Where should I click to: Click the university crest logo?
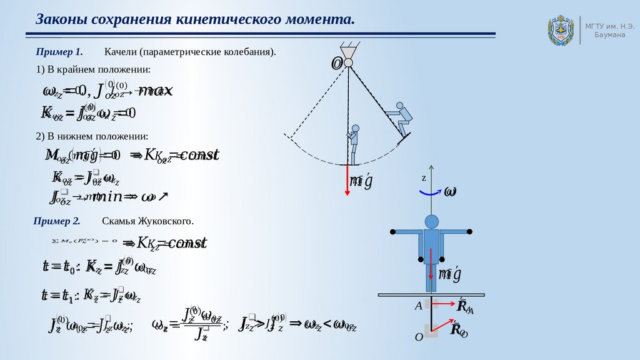[560, 31]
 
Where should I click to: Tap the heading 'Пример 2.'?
[57, 221]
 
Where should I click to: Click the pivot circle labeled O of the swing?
[348, 62]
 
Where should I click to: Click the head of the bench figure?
[431, 221]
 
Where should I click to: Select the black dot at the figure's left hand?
[392, 232]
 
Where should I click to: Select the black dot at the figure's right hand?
[470, 232]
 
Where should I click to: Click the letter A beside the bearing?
[418, 306]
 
